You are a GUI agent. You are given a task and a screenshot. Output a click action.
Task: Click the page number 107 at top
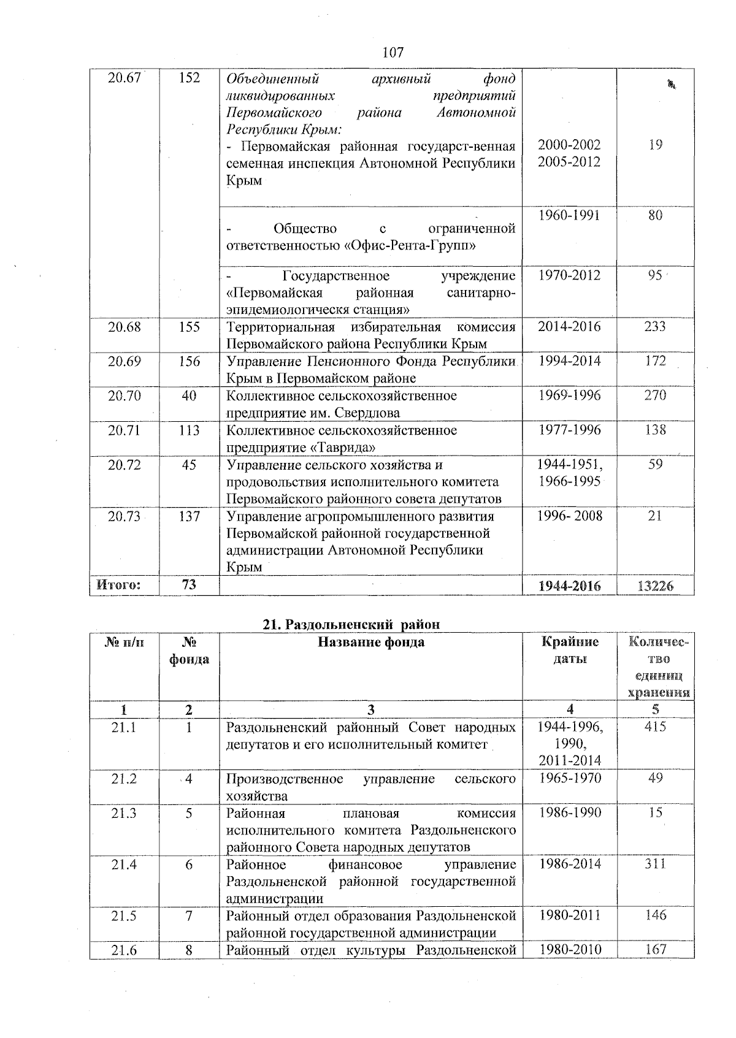pyautogui.click(x=393, y=53)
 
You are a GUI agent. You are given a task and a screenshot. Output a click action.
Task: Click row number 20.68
pyautogui.click(x=125, y=327)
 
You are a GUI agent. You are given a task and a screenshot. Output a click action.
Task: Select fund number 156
pyautogui.click(x=189, y=362)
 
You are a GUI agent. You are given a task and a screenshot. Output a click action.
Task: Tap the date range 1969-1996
pyautogui.click(x=569, y=396)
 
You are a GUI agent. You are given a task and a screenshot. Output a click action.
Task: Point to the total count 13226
pyautogui.click(x=655, y=586)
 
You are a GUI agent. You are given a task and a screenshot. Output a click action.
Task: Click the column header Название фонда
pyautogui.click(x=370, y=643)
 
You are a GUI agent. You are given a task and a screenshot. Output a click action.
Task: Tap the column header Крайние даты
pyautogui.click(x=570, y=651)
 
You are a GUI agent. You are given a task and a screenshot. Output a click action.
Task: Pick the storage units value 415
pyautogui.click(x=655, y=727)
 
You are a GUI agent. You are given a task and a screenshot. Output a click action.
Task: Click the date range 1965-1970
pyautogui.click(x=569, y=779)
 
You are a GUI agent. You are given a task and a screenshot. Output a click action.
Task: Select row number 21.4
pyautogui.click(x=125, y=864)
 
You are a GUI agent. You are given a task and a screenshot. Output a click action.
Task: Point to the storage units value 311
pyautogui.click(x=655, y=864)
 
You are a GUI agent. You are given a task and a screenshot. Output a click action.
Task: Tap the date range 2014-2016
pyautogui.click(x=569, y=327)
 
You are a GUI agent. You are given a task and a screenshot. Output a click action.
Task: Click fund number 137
pyautogui.click(x=189, y=517)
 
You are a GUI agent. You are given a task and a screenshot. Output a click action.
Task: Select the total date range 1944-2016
pyautogui.click(x=569, y=586)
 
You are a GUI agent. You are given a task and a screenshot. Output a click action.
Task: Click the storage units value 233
pyautogui.click(x=655, y=327)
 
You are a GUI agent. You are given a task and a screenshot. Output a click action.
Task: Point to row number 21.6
pyautogui.click(x=125, y=950)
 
